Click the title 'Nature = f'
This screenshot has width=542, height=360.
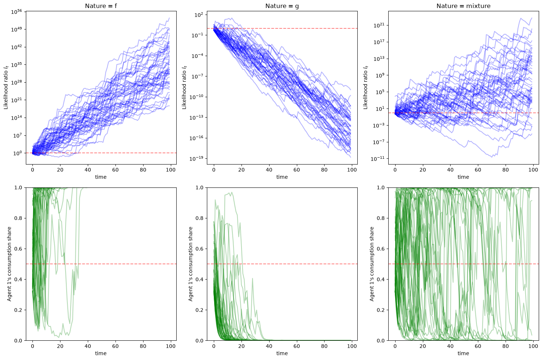tap(101, 6)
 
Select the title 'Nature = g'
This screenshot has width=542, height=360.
tap(282, 6)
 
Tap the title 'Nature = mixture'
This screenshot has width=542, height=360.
tap(463, 6)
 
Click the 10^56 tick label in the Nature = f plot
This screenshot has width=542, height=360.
tap(16, 11)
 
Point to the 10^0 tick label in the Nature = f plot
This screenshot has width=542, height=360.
tap(18, 153)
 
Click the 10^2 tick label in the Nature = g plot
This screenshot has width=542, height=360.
tap(199, 15)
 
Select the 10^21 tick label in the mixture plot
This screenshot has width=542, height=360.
tap(379, 25)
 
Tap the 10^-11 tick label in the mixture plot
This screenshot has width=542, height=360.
tap(378, 159)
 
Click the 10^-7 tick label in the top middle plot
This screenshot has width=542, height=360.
tap(197, 76)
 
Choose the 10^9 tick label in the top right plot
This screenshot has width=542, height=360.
tap(380, 75)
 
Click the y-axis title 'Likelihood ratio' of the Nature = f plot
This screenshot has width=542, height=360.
tap(6, 87)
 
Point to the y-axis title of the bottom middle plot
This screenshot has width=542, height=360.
tap(191, 264)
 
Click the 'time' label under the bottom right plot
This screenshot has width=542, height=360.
tap(463, 353)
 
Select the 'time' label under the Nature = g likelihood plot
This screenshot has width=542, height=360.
tap(282, 177)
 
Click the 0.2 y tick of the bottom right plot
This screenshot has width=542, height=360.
tap(381, 310)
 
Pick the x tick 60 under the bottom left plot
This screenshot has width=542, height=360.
tap(115, 346)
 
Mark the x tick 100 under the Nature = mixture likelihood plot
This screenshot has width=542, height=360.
tap(533, 170)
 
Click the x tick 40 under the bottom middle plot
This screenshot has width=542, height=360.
tap(269, 346)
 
